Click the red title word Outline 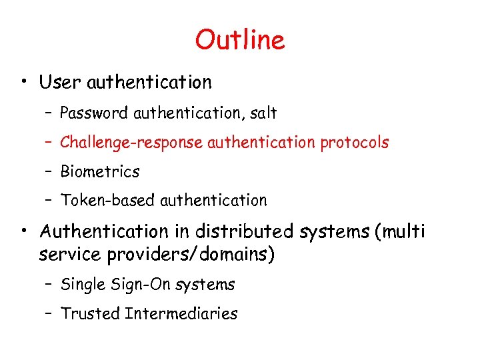(x=240, y=40)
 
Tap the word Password (x=94, y=113)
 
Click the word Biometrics (x=100, y=171)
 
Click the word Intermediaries (x=181, y=313)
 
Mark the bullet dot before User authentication (x=24, y=83)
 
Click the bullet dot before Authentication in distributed (x=24, y=232)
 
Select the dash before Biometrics (x=51, y=172)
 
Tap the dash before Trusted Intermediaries (x=51, y=314)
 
